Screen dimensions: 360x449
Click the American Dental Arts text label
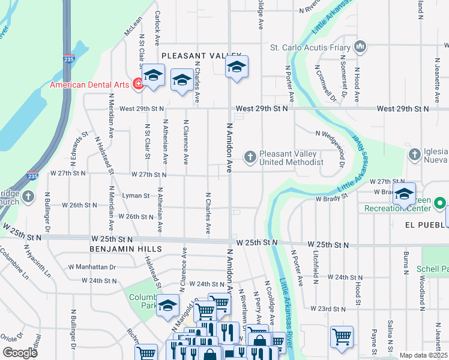89,85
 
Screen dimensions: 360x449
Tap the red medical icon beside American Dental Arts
137,84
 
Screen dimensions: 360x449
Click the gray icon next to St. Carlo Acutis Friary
360,46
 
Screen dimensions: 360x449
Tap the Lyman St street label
136,196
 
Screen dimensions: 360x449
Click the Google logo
20,352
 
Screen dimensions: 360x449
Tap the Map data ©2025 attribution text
423,355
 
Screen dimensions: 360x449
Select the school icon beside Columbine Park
168,305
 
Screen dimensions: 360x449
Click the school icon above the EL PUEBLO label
405,194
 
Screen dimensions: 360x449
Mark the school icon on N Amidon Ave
237,67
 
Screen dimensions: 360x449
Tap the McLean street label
133,28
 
